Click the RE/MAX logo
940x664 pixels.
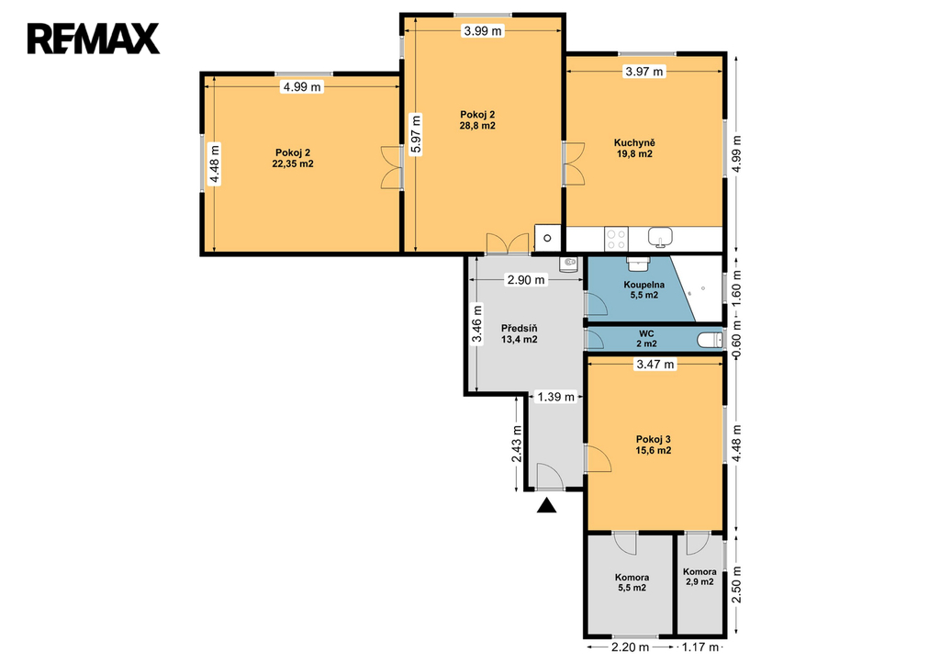[x=93, y=39]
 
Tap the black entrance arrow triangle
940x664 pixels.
[x=546, y=506]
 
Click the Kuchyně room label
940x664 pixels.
[x=634, y=142]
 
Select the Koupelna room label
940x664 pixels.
[x=643, y=285]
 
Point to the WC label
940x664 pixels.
[x=646, y=333]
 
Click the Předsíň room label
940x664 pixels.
[x=520, y=329]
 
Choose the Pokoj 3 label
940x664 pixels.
[x=654, y=439]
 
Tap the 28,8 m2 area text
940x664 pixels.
[x=477, y=126]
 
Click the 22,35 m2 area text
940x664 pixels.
[x=293, y=163]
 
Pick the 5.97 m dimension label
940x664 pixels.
[x=416, y=135]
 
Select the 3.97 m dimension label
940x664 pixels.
[x=644, y=72]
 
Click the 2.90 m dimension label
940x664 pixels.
[x=526, y=279]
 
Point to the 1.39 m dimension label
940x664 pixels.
[x=555, y=397]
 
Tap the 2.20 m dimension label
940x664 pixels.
[x=630, y=647]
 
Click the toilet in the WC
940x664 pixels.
[x=711, y=340]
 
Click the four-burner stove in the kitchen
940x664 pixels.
[x=616, y=239]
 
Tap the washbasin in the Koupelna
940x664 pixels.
[x=639, y=263]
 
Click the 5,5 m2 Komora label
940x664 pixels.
[x=632, y=582]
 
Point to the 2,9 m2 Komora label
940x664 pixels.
[x=699, y=577]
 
